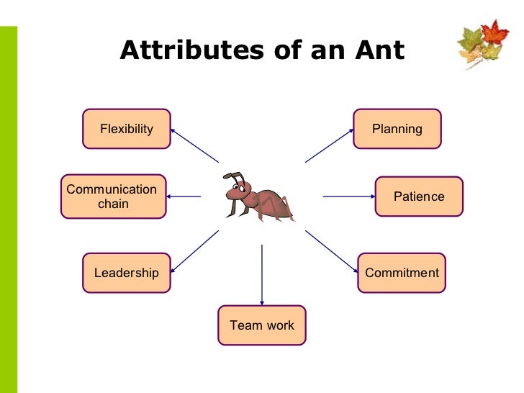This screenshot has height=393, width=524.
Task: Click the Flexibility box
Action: [127, 129]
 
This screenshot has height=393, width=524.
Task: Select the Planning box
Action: [397, 129]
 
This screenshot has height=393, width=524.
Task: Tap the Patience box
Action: [419, 196]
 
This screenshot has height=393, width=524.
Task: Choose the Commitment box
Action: [402, 273]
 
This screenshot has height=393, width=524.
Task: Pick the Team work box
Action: [262, 325]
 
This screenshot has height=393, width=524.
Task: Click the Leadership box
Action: [127, 273]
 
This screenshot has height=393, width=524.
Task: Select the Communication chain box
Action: [114, 196]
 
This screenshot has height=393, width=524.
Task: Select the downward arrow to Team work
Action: [262, 274]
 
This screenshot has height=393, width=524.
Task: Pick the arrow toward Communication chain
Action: [186, 196]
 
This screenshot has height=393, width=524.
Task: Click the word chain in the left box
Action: [113, 204]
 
